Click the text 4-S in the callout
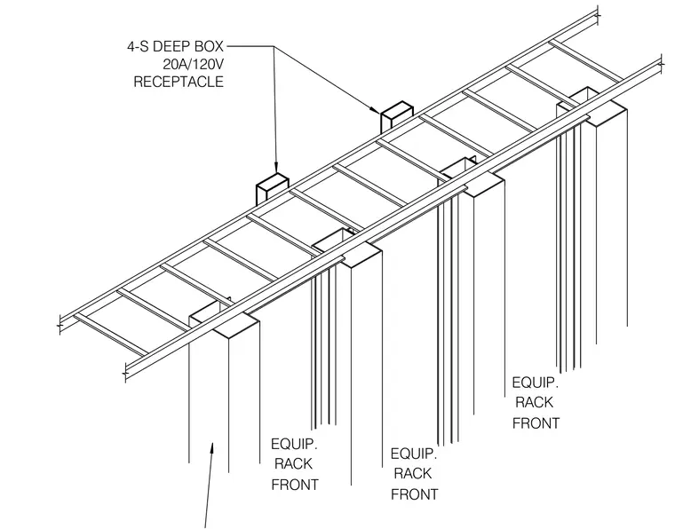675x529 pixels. click(x=138, y=46)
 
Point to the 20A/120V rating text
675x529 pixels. click(x=194, y=64)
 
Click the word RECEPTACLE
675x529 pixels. click(x=179, y=82)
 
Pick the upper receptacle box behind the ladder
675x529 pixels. click(x=396, y=115)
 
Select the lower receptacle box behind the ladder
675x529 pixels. click(x=273, y=187)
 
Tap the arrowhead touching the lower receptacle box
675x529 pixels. click(x=276, y=167)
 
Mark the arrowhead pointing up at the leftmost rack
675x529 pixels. click(x=211, y=448)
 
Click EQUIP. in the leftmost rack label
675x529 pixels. click(x=294, y=444)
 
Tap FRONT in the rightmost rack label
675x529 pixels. click(x=536, y=423)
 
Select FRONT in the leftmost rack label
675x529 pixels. click(x=295, y=485)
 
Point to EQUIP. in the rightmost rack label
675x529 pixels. click(x=535, y=383)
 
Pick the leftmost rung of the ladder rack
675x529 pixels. click(x=111, y=335)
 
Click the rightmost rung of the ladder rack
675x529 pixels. click(x=586, y=61)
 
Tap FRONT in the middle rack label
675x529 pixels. click(x=415, y=494)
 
